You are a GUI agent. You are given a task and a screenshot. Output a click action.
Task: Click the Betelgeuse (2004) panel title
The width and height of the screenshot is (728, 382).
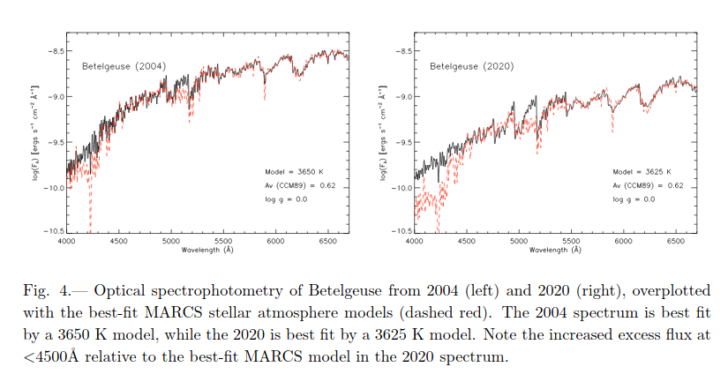click(x=124, y=66)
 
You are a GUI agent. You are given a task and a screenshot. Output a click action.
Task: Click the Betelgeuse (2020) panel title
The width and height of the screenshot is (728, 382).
click(x=471, y=66)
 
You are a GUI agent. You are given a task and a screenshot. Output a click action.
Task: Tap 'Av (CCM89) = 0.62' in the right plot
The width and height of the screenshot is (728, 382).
click(x=649, y=185)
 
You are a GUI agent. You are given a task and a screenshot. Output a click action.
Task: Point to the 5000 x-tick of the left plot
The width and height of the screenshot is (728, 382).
click(x=170, y=241)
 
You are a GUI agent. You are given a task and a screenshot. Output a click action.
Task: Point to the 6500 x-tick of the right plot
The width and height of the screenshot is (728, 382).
click(x=677, y=241)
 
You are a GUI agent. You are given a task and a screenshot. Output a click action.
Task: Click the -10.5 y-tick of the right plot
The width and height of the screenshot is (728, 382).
click(x=402, y=231)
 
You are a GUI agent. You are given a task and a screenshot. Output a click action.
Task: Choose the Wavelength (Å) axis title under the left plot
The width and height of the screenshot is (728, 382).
click(x=207, y=250)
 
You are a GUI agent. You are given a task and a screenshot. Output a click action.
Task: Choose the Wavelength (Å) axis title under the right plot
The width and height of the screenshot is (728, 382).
click(x=555, y=250)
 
